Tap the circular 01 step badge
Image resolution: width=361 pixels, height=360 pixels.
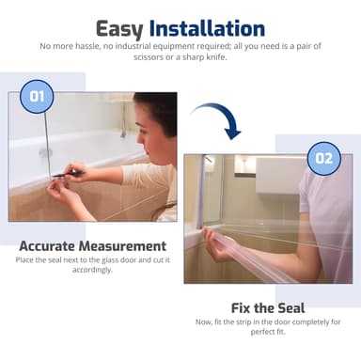37,95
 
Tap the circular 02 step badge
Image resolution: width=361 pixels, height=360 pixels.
322,157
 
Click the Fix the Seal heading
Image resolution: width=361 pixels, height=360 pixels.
268,307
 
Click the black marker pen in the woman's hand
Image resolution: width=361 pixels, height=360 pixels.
68,173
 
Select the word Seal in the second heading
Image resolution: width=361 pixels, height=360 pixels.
289,307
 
